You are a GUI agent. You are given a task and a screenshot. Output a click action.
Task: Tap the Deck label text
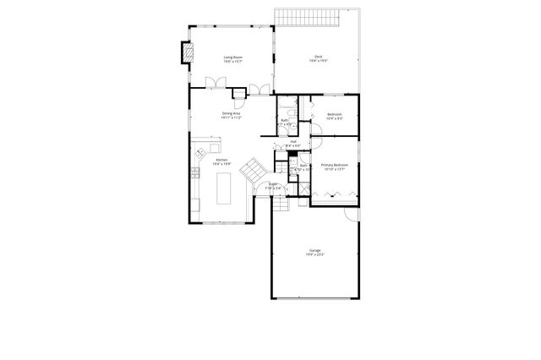[x=318, y=58]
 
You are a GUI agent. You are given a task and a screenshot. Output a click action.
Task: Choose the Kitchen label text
[x=221, y=161]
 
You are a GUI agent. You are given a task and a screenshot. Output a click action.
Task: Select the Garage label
[x=314, y=252]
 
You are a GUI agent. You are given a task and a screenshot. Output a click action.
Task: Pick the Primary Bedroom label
[x=335, y=166]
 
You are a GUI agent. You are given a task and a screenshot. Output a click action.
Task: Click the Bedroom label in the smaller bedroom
[x=335, y=115]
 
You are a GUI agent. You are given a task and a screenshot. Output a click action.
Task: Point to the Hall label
[x=293, y=144]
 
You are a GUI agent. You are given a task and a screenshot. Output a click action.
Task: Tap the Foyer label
[x=273, y=185]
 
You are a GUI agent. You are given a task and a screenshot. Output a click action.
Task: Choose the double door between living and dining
[x=217, y=83]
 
